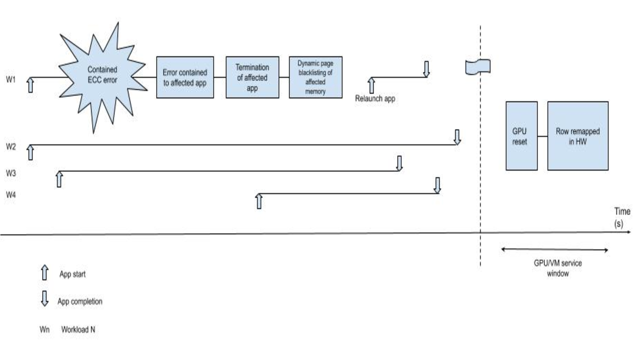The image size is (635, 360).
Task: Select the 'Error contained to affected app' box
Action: [x=185, y=77]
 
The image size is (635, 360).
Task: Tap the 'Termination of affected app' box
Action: [x=252, y=77]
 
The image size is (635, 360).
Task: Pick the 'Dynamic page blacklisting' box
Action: [x=316, y=77]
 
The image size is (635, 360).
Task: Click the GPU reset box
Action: [x=521, y=136]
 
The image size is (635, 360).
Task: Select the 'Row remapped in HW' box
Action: [x=577, y=136]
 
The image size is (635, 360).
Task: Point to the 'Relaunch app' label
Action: [x=375, y=99]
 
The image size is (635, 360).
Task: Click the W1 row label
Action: [x=11, y=80]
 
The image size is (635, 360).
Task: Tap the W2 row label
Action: [x=11, y=147]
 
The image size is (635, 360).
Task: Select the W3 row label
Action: [x=11, y=173]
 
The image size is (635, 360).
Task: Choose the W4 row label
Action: [x=11, y=195]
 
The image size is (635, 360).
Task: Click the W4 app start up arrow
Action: [x=259, y=201]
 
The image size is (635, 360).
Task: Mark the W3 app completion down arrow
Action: [x=399, y=163]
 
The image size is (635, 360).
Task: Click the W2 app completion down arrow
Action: [x=457, y=137]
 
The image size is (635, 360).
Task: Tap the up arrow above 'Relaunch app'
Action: [x=371, y=85]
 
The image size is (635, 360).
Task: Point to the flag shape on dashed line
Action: [x=478, y=67]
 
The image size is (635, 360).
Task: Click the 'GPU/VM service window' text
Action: [x=558, y=268]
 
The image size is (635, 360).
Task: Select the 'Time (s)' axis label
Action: [x=621, y=217]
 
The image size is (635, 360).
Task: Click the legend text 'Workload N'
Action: [x=78, y=330]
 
